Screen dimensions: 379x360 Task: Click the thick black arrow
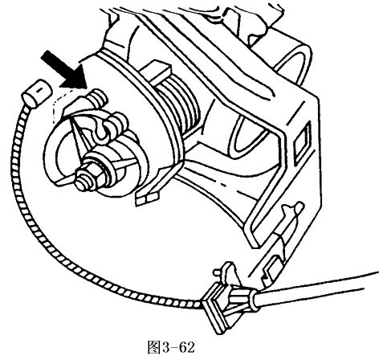click(x=64, y=70)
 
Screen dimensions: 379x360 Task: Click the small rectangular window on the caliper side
click(x=303, y=142)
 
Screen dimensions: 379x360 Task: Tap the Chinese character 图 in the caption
click(x=154, y=347)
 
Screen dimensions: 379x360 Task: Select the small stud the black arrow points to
click(x=99, y=99)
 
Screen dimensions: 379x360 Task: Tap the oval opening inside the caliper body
click(x=247, y=134)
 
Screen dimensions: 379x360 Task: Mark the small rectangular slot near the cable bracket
click(x=273, y=268)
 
